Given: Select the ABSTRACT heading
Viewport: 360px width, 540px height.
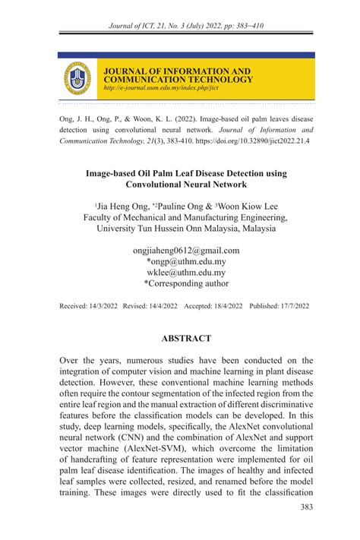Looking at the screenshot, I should tap(186, 338).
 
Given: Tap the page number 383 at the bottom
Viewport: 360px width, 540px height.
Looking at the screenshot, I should tap(306, 508).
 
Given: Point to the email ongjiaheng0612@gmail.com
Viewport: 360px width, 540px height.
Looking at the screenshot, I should tap(186, 250).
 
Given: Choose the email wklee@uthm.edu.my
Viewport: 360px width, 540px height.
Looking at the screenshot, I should tap(186, 272).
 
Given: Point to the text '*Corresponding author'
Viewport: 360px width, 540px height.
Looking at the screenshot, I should tap(186, 283).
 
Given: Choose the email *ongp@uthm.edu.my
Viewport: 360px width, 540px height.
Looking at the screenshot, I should tap(186, 261).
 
